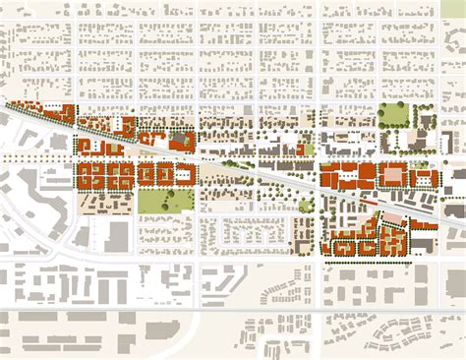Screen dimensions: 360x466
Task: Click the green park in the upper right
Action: [x=392, y=115]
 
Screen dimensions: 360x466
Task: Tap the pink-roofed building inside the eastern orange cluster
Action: [x=392, y=175]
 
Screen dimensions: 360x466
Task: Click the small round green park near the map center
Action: [x=306, y=207]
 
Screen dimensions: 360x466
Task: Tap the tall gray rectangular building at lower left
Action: [x=118, y=235]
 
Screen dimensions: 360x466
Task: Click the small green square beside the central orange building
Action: [x=309, y=149]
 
